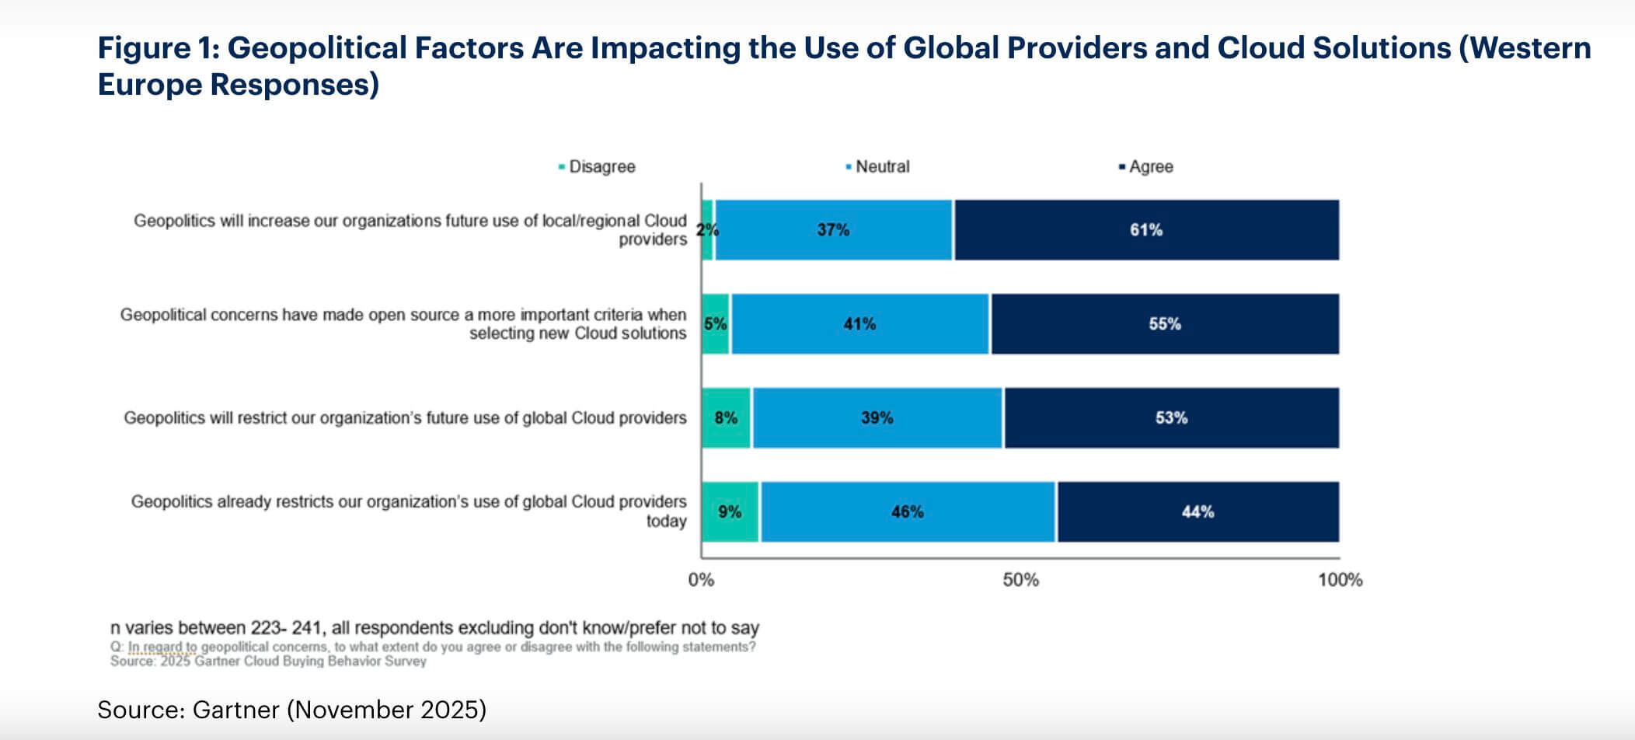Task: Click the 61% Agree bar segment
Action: tap(1146, 230)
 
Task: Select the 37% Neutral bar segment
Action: tap(833, 230)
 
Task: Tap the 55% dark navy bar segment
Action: tap(1165, 324)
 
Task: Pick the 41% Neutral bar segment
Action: tap(859, 324)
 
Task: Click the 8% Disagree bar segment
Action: tap(726, 418)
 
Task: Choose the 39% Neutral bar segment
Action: tap(877, 418)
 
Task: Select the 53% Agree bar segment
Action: tap(1171, 418)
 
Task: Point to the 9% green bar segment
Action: tap(730, 512)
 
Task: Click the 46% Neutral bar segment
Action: tap(908, 512)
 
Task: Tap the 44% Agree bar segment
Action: tap(1197, 512)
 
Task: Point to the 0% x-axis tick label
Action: tap(701, 580)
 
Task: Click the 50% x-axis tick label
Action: tap(1020, 580)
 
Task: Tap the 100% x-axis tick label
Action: tap(1340, 580)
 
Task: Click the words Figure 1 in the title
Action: tap(159, 48)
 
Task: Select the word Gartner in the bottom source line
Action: tap(235, 710)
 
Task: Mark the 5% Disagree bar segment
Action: tap(716, 324)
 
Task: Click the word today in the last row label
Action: tap(666, 522)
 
